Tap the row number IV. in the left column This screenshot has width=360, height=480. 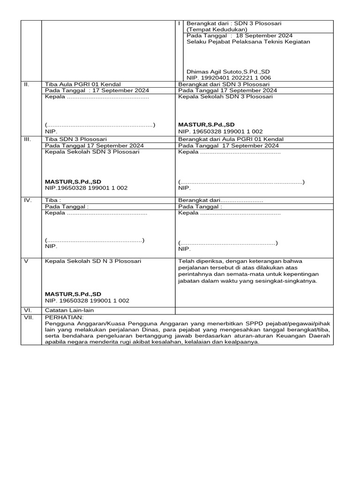(28, 200)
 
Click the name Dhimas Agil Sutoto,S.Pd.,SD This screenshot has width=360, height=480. (228, 72)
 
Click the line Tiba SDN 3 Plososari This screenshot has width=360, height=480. (76, 139)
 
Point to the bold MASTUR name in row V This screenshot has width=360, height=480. (73, 294)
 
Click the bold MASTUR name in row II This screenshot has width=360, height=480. (206, 125)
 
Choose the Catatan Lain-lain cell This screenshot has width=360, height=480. (72, 310)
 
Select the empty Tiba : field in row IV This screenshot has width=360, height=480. (53, 200)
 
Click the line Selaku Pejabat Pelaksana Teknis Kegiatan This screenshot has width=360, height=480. (248, 41)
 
